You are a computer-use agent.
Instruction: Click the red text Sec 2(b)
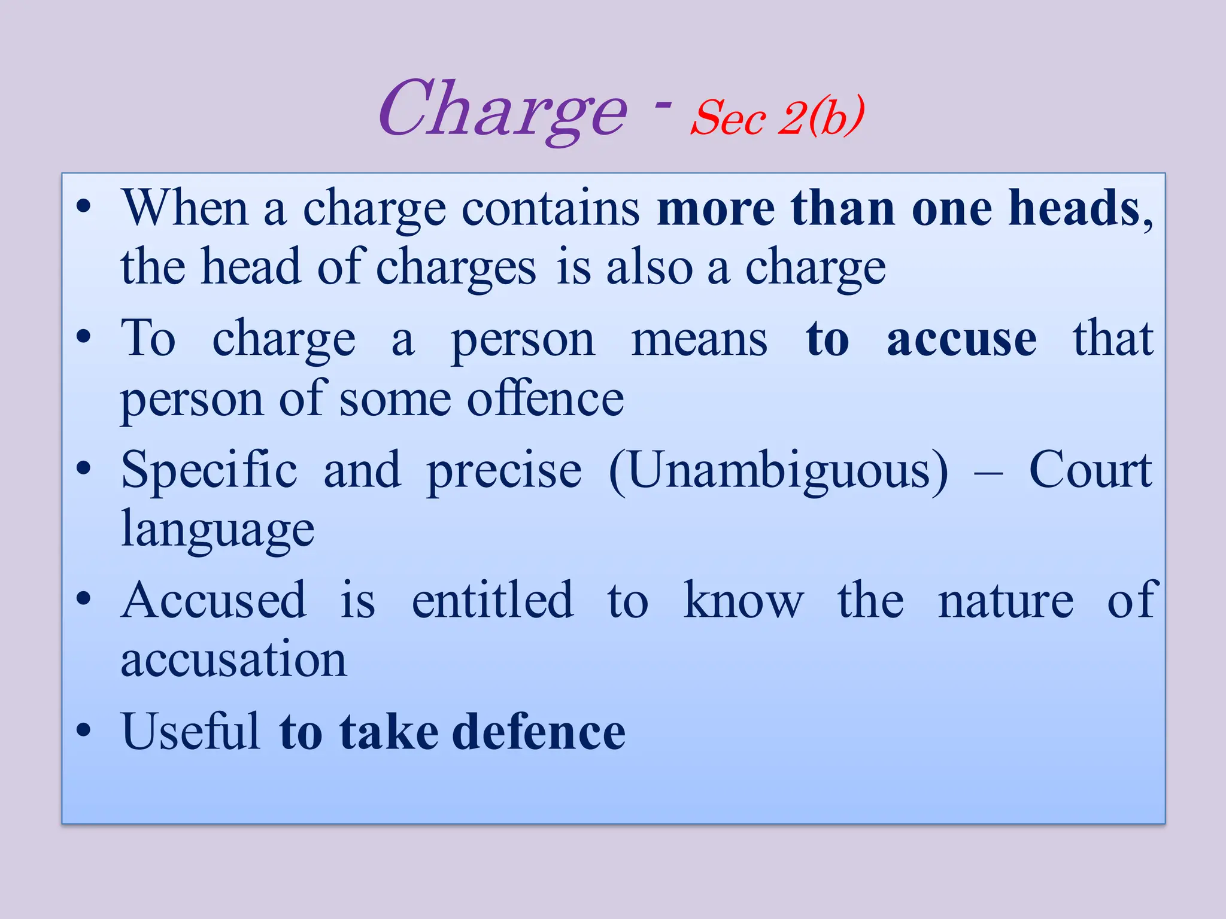(777, 117)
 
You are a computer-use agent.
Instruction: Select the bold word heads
(1074, 208)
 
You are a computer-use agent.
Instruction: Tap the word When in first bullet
(185, 208)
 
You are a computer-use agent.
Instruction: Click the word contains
(551, 208)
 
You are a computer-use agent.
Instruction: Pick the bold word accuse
(961, 339)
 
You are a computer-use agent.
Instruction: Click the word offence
(545, 399)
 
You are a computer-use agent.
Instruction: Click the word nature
(1006, 601)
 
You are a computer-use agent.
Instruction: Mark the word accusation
(233, 660)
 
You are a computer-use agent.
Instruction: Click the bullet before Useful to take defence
(84, 730)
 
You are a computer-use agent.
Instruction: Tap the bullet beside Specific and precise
(84, 468)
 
